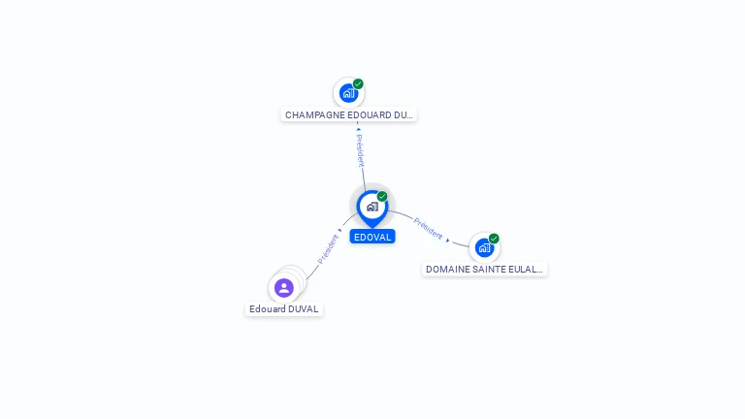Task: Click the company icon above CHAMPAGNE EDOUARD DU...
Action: coord(348,93)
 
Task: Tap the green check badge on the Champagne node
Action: coord(358,84)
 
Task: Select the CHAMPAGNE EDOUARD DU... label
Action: coord(349,114)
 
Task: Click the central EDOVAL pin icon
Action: coord(372,207)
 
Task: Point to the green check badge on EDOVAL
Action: coord(382,197)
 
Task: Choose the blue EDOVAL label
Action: coord(372,237)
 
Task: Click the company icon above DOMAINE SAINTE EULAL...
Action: coord(484,247)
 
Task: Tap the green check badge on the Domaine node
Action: coord(494,239)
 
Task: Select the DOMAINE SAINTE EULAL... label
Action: coord(484,269)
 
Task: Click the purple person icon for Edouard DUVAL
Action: coord(283,288)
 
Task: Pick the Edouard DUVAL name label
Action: coord(283,309)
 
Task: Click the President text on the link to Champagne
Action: coord(360,151)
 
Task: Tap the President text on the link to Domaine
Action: coord(428,229)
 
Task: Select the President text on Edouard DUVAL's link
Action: coord(328,249)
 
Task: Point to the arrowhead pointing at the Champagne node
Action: coord(358,129)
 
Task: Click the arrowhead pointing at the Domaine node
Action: coord(448,240)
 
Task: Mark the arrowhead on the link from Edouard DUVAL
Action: coord(340,231)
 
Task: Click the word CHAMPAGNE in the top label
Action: coord(316,114)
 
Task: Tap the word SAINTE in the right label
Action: coord(481,269)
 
